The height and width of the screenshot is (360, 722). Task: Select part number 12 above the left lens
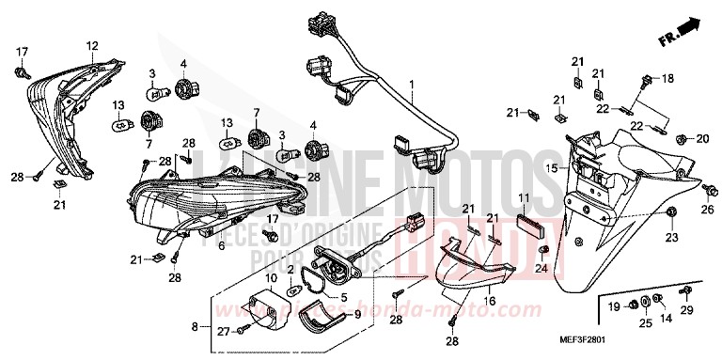[x=92, y=45]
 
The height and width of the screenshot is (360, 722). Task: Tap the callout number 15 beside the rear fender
[x=552, y=168]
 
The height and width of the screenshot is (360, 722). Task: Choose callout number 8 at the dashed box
[x=196, y=326]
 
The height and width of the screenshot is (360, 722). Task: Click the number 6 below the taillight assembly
[x=221, y=246]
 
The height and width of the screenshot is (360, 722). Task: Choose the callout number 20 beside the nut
[x=702, y=139]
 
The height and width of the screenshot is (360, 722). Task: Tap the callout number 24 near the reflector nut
[x=541, y=268]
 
